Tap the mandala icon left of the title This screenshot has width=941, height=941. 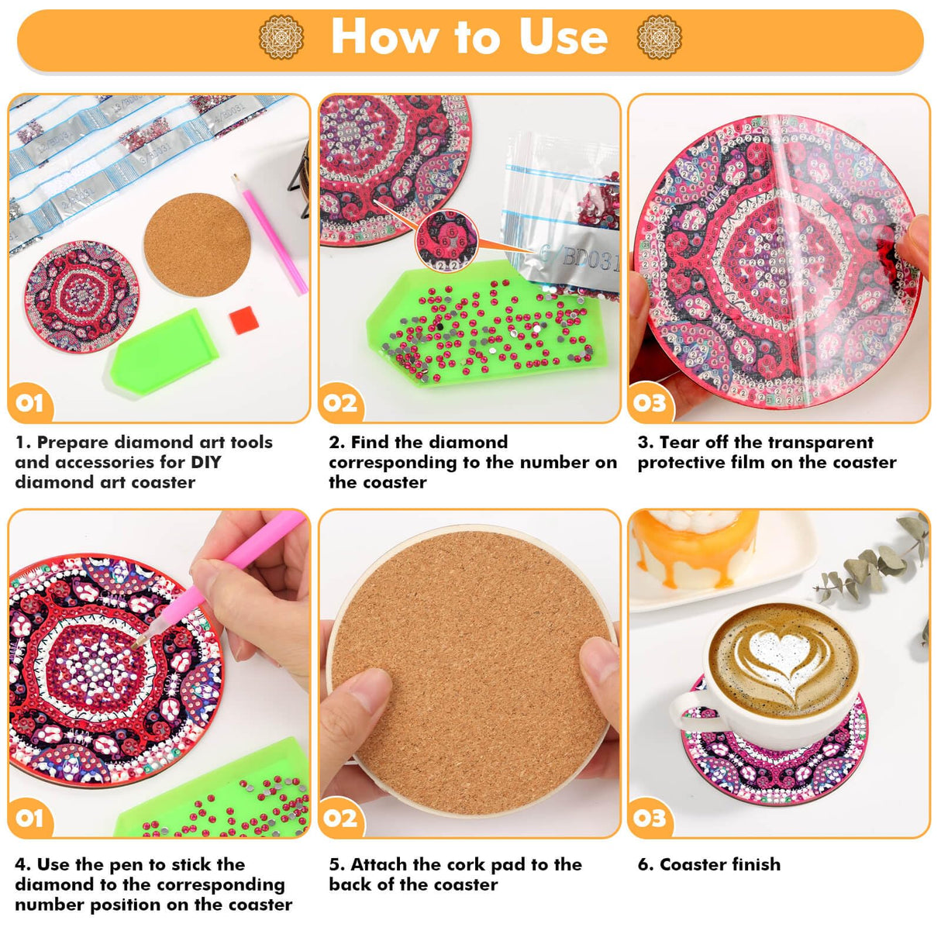281,37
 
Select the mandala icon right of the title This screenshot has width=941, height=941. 659,37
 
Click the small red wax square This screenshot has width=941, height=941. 243,319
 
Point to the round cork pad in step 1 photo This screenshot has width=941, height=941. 197,244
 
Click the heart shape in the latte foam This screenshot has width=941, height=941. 778,651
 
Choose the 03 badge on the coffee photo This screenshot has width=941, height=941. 650,818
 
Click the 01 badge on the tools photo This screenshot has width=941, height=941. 29,402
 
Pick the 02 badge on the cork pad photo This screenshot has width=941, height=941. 340,818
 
